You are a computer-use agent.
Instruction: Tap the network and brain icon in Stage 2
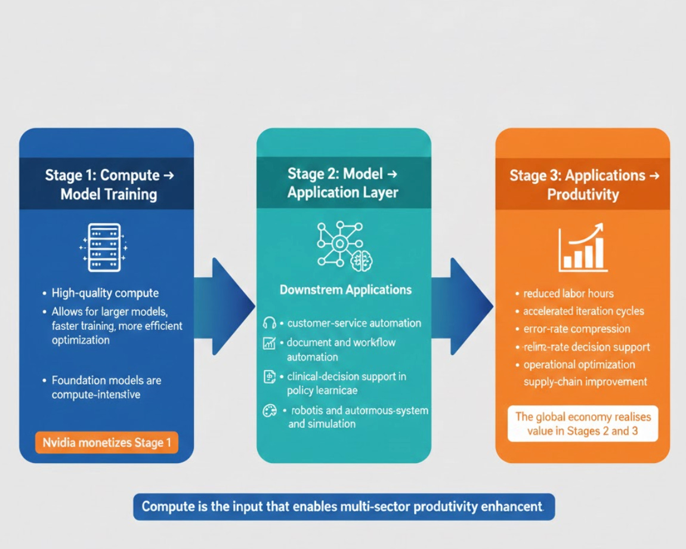click(342, 245)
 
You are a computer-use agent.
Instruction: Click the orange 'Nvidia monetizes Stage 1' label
click(107, 443)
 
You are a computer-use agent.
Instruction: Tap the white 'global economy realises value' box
click(582, 424)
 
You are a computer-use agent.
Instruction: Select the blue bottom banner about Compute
click(344, 507)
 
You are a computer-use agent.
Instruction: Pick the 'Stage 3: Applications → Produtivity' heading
click(583, 184)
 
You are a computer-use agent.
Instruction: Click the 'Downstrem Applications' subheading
click(345, 290)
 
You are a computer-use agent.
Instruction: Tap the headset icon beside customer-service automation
click(269, 323)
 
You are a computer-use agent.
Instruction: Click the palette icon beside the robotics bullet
click(270, 411)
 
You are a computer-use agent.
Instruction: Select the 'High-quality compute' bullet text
click(105, 293)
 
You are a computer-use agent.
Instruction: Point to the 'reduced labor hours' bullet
click(568, 293)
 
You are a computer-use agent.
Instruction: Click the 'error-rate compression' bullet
click(576, 329)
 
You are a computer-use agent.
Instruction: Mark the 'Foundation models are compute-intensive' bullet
click(106, 387)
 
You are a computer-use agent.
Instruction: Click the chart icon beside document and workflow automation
click(269, 343)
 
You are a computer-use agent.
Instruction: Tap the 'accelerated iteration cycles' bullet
click(583, 311)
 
